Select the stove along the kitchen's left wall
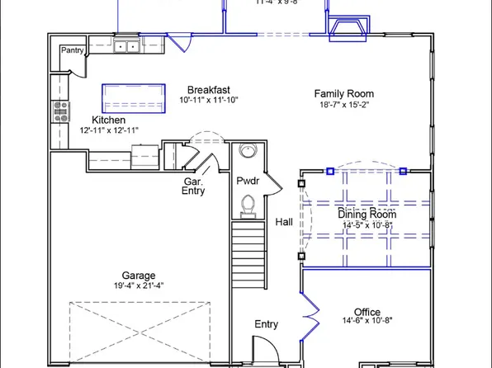(59, 112)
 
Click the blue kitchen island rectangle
(129, 98)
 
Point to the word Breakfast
(208, 90)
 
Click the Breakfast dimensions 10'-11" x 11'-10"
(208, 101)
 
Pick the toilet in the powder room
(247, 203)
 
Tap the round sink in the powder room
(247, 150)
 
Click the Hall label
(283, 223)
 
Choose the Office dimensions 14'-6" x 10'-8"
(367, 322)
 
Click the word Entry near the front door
(266, 324)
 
